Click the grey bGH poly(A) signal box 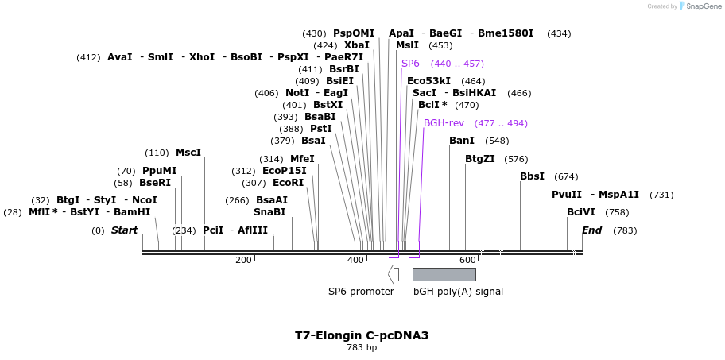click(x=444, y=274)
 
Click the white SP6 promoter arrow click(x=393, y=273)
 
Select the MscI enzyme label click(x=188, y=153)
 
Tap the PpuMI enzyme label click(x=160, y=171)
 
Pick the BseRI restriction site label click(x=155, y=183)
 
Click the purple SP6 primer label click(x=410, y=64)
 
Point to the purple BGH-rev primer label click(x=444, y=123)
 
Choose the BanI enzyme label click(x=462, y=141)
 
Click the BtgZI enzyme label click(x=480, y=159)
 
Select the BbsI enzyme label click(x=532, y=176)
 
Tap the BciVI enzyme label click(x=581, y=212)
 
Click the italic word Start click(x=124, y=230)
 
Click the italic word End click(x=592, y=230)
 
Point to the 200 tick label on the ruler click(x=243, y=260)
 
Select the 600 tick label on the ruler click(x=467, y=260)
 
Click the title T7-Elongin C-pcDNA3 click(x=362, y=335)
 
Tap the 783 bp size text click(x=362, y=348)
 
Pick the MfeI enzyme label click(x=302, y=159)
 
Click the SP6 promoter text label click(x=361, y=292)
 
